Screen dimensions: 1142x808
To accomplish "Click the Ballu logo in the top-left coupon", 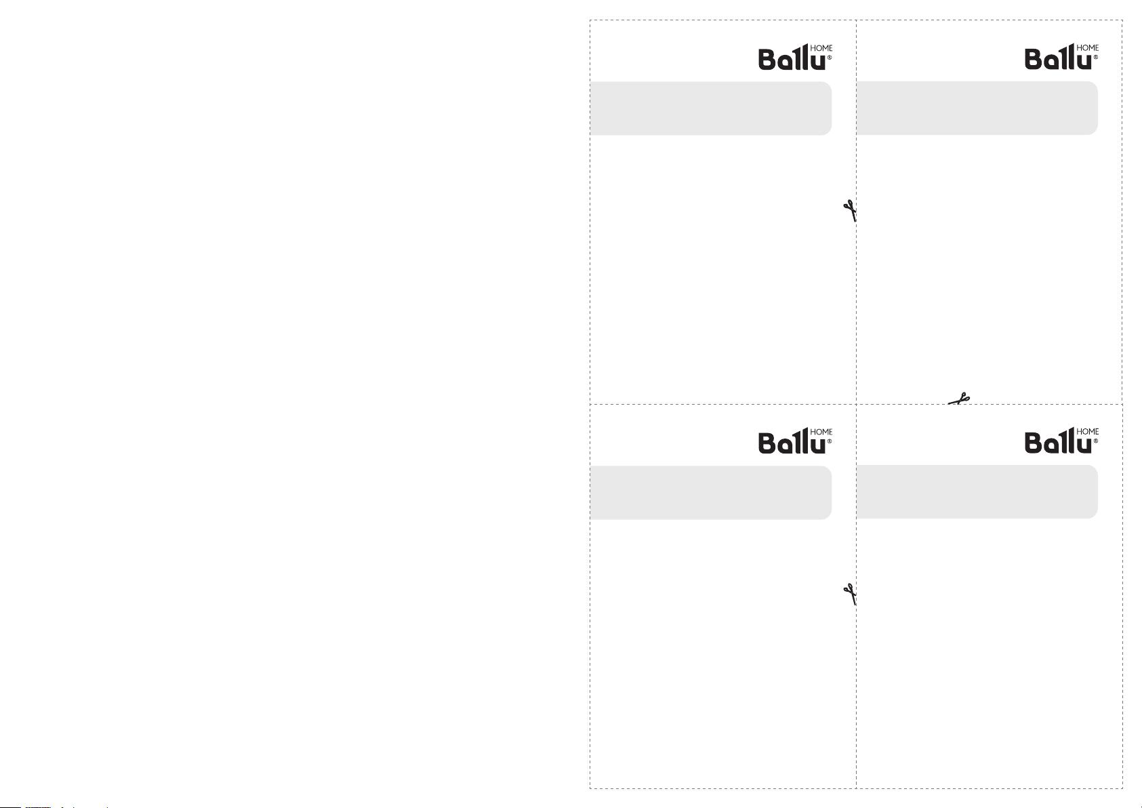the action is click(x=795, y=57).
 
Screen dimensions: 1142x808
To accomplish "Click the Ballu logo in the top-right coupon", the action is click(x=1061, y=56).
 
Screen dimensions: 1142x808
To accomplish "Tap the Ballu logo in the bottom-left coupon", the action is click(x=795, y=441).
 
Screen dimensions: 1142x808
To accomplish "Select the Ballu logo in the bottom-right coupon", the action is click(x=1061, y=441).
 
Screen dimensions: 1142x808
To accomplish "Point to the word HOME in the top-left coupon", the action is click(x=821, y=48).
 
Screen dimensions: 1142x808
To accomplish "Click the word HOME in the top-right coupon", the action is click(x=1088, y=47).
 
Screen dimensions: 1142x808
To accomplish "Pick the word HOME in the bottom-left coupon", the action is click(x=821, y=432).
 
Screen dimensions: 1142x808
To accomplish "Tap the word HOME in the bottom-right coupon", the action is click(x=1088, y=431).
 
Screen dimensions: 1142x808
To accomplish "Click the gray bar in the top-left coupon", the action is click(x=711, y=108).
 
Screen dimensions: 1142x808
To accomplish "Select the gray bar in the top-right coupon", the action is click(x=977, y=108).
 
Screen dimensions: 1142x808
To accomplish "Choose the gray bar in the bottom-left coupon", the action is click(x=711, y=492).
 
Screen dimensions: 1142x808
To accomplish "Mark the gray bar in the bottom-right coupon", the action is click(x=977, y=491).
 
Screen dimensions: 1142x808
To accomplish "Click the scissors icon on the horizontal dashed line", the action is click(x=959, y=399).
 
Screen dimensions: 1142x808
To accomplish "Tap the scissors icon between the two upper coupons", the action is click(x=850, y=211).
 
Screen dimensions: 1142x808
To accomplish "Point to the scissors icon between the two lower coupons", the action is click(x=850, y=594).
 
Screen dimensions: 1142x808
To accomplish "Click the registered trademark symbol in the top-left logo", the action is click(x=830, y=58).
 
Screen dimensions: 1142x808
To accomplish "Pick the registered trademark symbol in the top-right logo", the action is click(x=1096, y=57).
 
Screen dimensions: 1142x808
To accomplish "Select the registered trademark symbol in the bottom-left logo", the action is click(x=830, y=441).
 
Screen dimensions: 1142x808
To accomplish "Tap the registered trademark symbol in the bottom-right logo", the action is click(x=1096, y=441).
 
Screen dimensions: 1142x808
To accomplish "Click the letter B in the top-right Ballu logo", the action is click(x=1034, y=59).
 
